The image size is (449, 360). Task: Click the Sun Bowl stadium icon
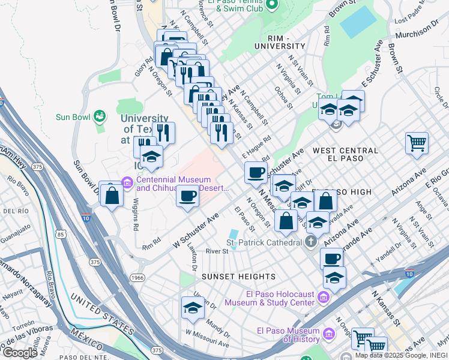pyautogui.click(x=100, y=115)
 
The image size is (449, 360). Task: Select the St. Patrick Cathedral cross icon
pyautogui.click(x=310, y=242)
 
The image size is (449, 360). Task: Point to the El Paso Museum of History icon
pyautogui.click(x=328, y=334)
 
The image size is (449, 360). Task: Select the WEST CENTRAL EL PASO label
pyautogui.click(x=345, y=151)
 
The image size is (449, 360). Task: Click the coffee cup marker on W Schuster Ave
pyautogui.click(x=188, y=196)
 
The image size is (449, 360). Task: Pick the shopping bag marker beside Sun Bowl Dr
pyautogui.click(x=112, y=195)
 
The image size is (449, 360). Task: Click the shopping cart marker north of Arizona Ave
pyautogui.click(x=417, y=143)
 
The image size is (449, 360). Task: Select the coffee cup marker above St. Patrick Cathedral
pyautogui.click(x=331, y=259)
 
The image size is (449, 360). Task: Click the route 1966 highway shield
pyautogui.click(x=137, y=278)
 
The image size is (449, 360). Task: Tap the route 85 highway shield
pyautogui.click(x=60, y=235)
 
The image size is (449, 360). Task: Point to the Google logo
pyautogui.click(x=20, y=352)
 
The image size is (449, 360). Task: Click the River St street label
pyautogui.click(x=217, y=251)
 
